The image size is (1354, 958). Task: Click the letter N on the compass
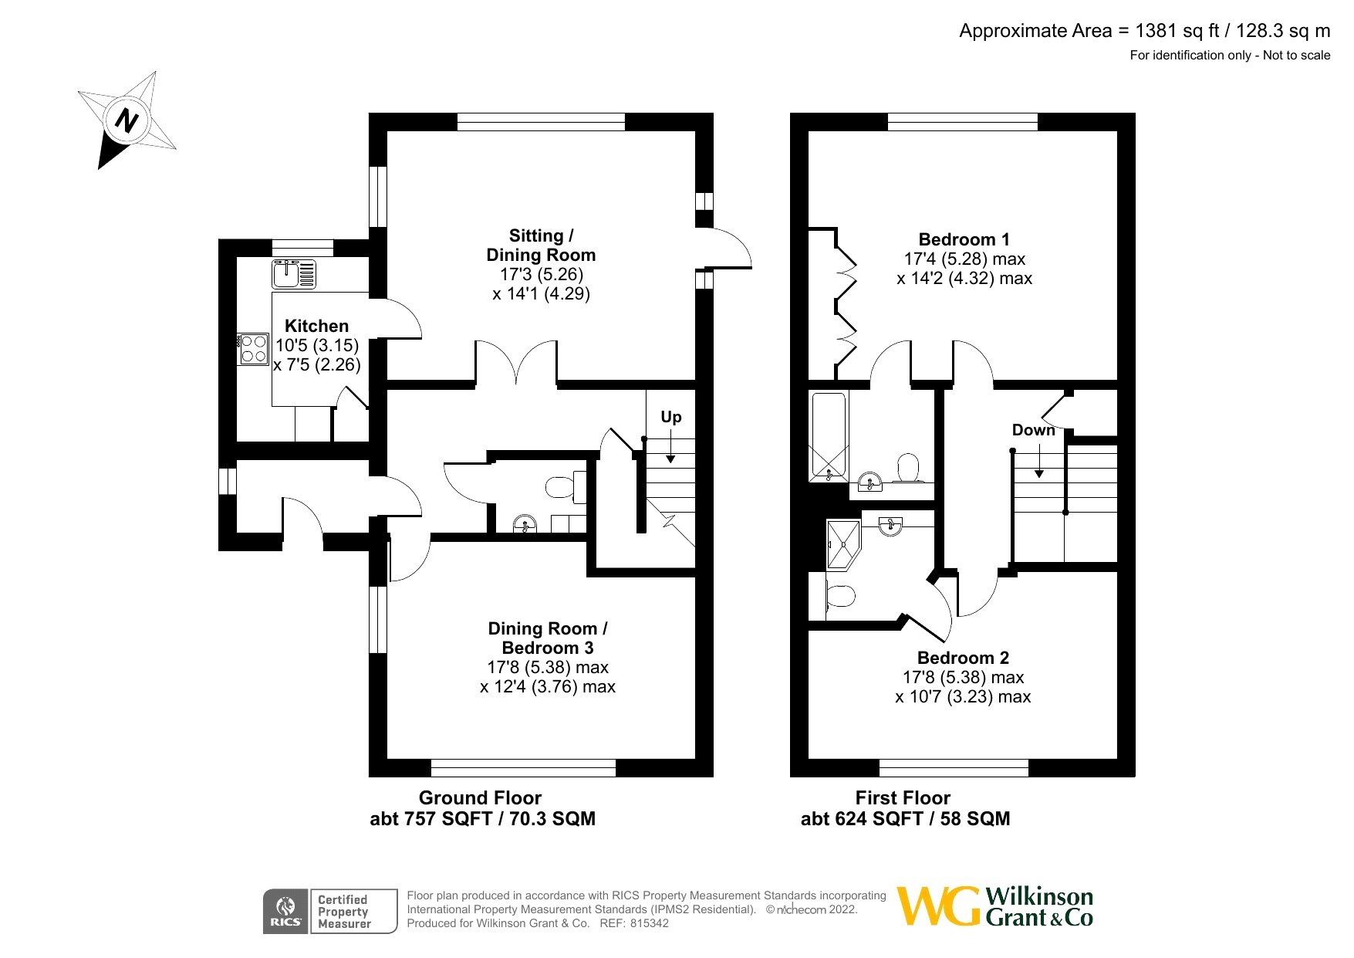[127, 120]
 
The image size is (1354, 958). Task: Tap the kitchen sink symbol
[294, 274]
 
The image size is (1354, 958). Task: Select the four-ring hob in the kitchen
[253, 348]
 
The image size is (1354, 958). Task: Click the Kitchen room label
[317, 326]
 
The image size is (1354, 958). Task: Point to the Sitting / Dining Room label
[541, 245]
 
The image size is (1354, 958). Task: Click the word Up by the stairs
[671, 417]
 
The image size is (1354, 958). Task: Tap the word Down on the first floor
[1034, 430]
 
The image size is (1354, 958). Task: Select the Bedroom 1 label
[964, 239]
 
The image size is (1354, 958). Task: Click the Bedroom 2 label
[964, 658]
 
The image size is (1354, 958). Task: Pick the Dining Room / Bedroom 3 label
[548, 638]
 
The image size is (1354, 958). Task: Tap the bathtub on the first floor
[828, 436]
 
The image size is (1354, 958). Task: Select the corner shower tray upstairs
[843, 543]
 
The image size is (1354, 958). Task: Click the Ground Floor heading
[480, 798]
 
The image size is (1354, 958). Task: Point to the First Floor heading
[903, 798]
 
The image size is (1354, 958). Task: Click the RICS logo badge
[286, 912]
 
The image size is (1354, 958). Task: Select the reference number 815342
[650, 923]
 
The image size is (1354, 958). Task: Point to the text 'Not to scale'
[1297, 55]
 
